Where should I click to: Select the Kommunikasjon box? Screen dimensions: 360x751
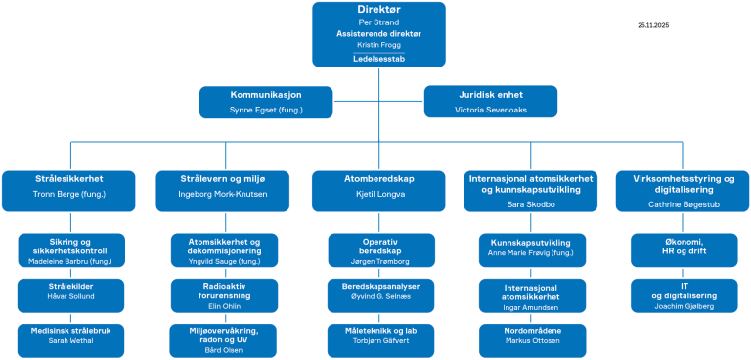(x=265, y=103)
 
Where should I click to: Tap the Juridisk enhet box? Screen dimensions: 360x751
(x=490, y=103)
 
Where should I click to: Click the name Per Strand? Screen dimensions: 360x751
(x=380, y=22)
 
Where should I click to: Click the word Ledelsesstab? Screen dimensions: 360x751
(x=380, y=58)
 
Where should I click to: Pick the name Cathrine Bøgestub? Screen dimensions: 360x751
(x=682, y=204)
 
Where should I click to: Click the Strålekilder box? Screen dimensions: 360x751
(x=69, y=291)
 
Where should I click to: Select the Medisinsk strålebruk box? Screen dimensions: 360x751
(x=69, y=337)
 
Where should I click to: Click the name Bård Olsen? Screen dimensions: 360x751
(x=225, y=349)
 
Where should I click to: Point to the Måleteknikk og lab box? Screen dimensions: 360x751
(x=380, y=337)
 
